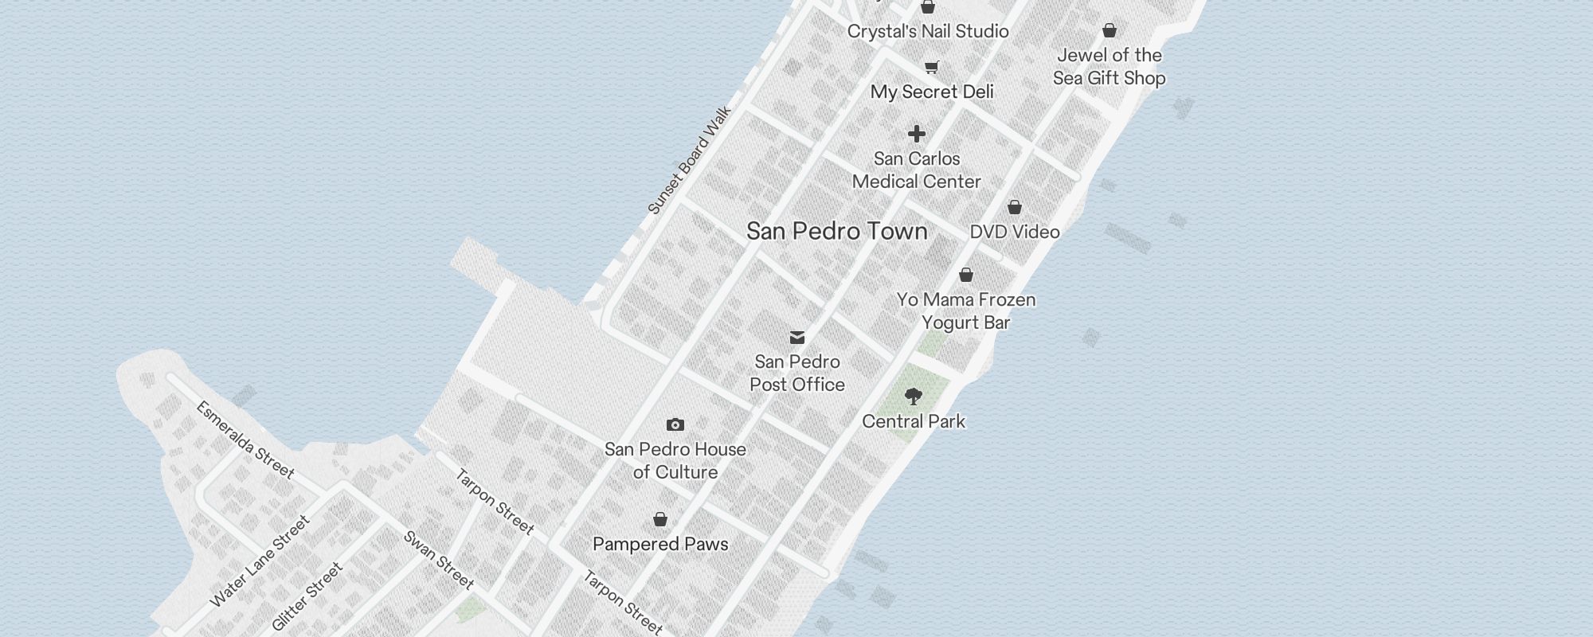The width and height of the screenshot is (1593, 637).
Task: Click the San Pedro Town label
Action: [x=836, y=231]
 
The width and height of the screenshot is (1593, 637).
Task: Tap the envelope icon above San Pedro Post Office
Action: [x=797, y=338]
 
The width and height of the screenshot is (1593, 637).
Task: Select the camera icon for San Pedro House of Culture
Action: [x=675, y=424]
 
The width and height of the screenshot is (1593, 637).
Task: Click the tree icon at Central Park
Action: [x=914, y=396]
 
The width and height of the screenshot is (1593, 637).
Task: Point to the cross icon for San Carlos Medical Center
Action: [x=917, y=134]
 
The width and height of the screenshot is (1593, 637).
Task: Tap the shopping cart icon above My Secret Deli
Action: [x=932, y=67]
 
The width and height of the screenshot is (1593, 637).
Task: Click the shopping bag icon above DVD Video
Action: [x=1015, y=207]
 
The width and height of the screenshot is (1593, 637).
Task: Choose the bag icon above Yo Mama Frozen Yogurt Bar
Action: [x=966, y=275]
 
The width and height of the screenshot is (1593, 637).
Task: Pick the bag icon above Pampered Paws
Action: [x=660, y=519]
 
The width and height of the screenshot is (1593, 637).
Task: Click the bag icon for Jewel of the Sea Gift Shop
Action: [x=1110, y=30]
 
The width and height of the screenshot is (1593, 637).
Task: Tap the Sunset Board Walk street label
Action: [x=689, y=160]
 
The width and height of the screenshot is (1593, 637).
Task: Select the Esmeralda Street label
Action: [x=245, y=440]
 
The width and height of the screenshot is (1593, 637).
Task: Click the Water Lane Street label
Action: [x=259, y=561]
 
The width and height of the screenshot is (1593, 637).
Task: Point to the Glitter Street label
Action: [x=307, y=596]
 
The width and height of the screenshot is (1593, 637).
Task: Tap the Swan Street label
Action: [x=439, y=560]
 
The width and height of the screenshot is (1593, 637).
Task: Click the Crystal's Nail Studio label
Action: [x=928, y=31]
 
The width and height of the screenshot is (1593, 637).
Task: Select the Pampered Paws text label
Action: [x=660, y=544]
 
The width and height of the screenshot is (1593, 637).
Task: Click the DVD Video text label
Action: [x=1015, y=232]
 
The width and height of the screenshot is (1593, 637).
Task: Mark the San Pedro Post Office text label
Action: [x=797, y=373]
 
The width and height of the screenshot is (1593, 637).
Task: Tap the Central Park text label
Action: [x=914, y=421]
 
